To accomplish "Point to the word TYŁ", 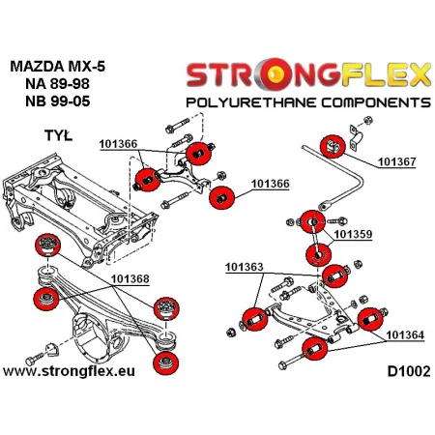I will pyautogui.click(x=34, y=135).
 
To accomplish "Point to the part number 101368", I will pyautogui.click(x=129, y=252).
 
